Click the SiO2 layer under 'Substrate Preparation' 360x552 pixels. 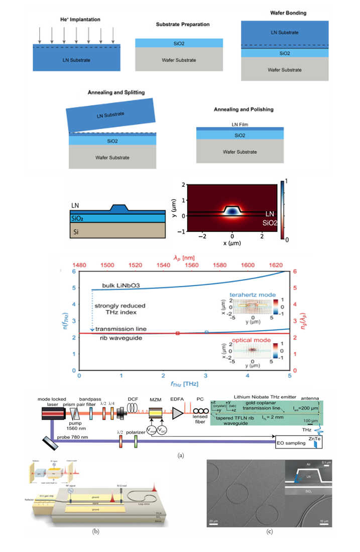(172, 43)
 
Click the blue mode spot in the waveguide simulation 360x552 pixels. (232, 211)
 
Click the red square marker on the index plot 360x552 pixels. (178, 333)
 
